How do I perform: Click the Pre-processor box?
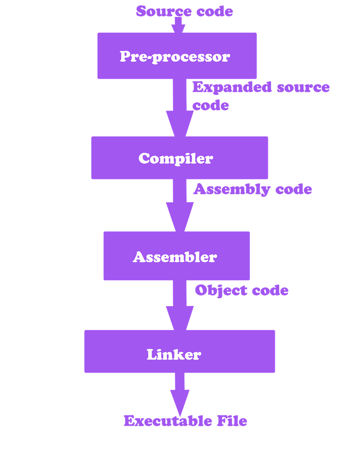[x=177, y=56]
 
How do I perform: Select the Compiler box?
[x=179, y=158]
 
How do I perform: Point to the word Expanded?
[x=231, y=87]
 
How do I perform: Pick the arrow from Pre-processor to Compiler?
[x=179, y=108]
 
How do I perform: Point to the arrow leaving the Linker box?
[x=179, y=393]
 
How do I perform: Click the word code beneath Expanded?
[x=211, y=105]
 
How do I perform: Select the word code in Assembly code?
[x=294, y=189]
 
